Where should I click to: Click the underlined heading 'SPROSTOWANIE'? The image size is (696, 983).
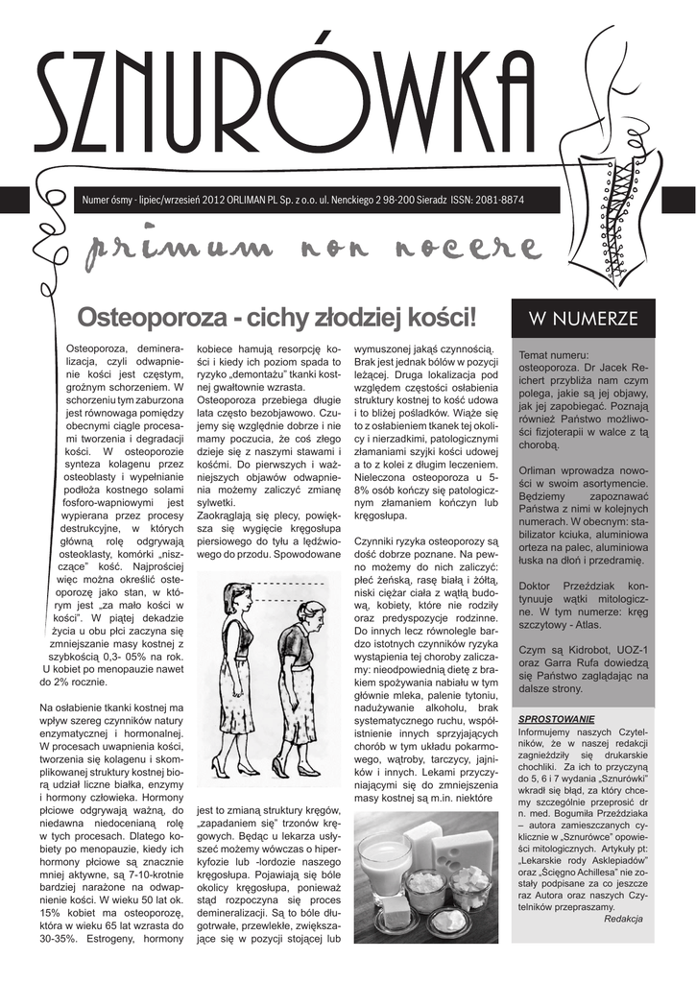pos(556,718)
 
